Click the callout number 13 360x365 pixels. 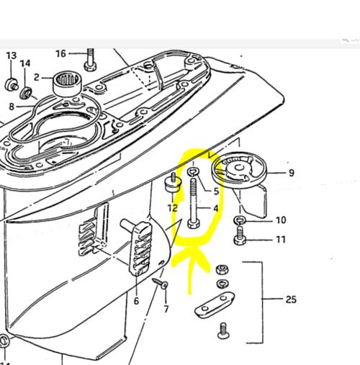[12, 55]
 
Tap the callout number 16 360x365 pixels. [60, 53]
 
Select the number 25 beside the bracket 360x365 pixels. [291, 299]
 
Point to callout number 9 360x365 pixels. [292, 173]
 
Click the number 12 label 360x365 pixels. [172, 208]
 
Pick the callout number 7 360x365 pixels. [166, 309]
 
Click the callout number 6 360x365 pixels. [136, 301]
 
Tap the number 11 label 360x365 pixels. [281, 240]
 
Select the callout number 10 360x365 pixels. [281, 220]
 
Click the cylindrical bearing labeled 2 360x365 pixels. [68, 84]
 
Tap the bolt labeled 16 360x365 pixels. [90, 60]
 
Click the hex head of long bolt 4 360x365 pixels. [193, 225]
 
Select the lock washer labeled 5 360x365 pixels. [193, 171]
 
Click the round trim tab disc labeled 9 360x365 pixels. [239, 169]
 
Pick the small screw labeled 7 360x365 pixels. [160, 283]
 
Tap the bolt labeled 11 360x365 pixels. [240, 235]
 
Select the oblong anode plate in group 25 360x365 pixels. [215, 305]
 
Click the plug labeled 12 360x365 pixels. [173, 184]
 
